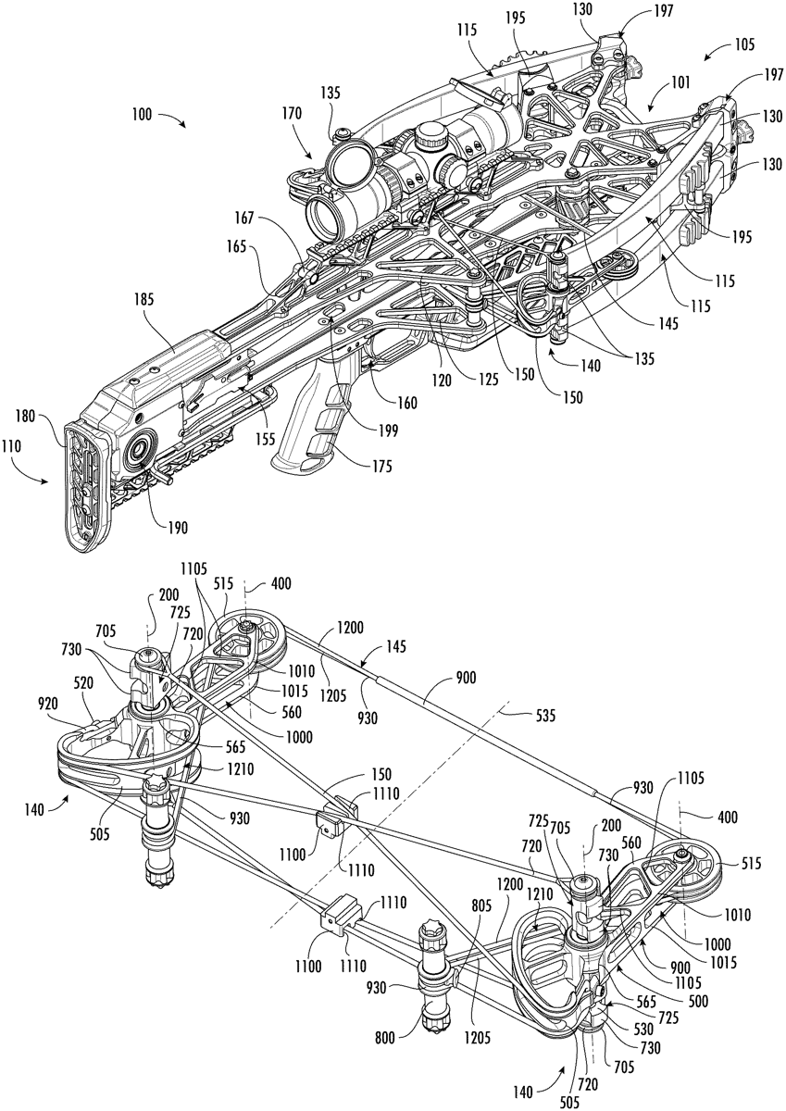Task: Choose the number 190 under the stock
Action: (177, 528)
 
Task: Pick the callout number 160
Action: (406, 403)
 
